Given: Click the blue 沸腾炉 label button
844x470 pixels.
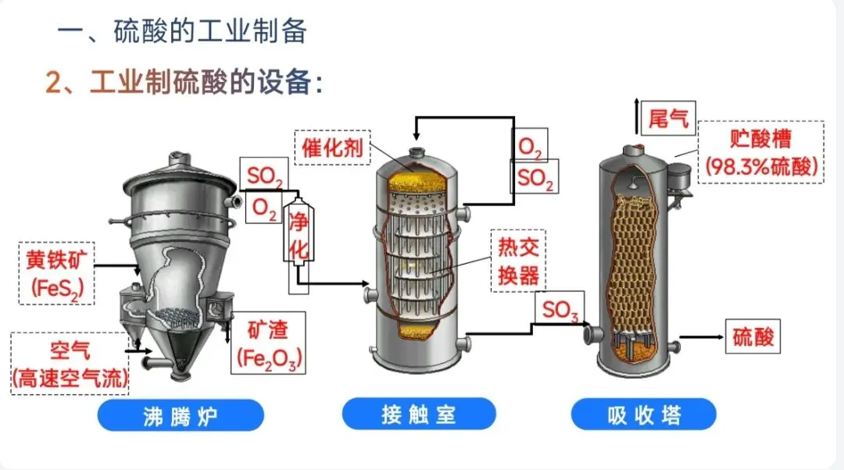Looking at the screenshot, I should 181,415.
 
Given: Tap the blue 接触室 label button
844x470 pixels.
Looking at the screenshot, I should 419,414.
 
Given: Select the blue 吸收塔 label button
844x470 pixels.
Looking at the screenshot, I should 643,414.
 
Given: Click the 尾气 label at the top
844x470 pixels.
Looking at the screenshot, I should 668,119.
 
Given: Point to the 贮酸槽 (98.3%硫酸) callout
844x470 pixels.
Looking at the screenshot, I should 760,152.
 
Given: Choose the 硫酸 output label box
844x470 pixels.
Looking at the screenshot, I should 753,337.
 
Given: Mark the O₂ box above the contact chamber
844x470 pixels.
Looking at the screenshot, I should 529,147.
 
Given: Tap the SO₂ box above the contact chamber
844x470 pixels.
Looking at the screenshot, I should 535,180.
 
